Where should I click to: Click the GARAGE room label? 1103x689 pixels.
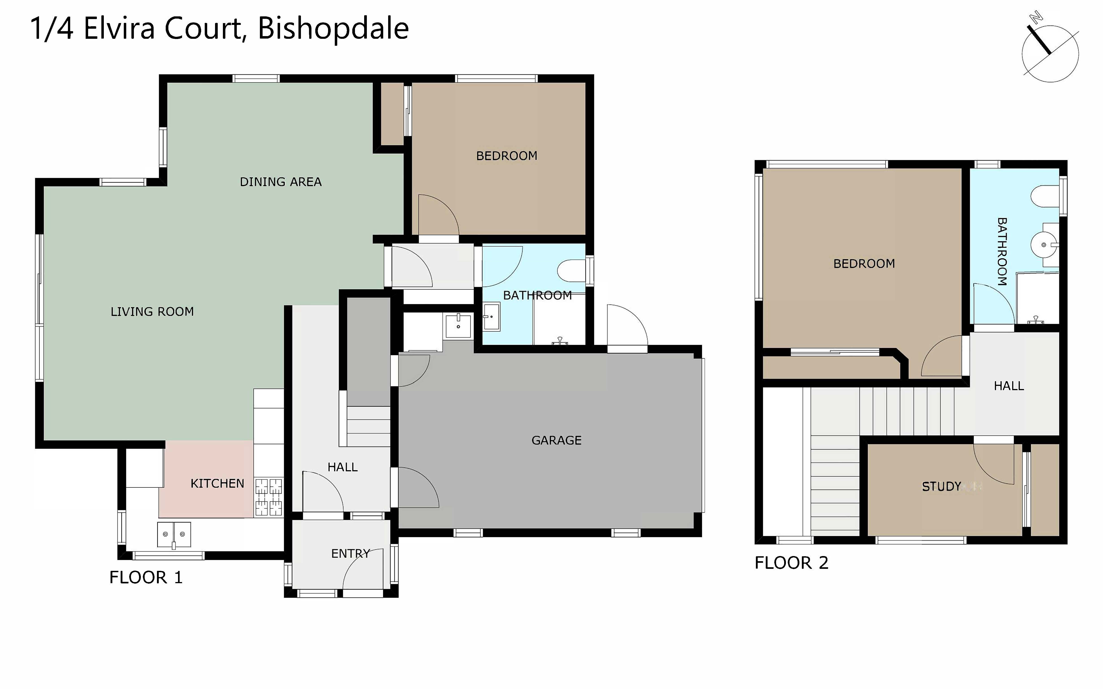tap(556, 440)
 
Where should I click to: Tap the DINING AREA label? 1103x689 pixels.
tap(281, 182)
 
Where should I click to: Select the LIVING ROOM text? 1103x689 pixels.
tap(152, 312)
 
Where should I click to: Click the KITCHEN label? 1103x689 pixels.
tap(217, 483)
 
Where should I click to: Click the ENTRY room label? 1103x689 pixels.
tap(350, 554)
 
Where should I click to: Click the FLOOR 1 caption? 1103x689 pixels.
tap(146, 577)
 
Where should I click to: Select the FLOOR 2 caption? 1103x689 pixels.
tap(791, 563)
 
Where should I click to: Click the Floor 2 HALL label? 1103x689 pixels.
tap(1009, 386)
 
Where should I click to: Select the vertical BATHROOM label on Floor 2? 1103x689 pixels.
tap(1002, 252)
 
